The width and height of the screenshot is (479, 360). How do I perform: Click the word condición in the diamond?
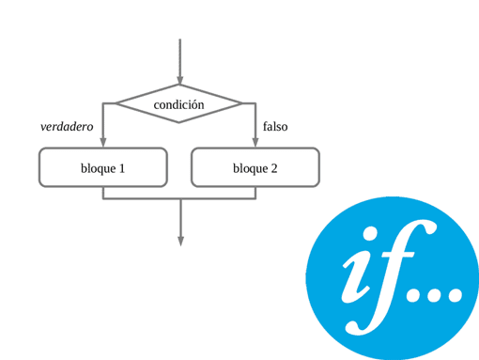[x=178, y=105]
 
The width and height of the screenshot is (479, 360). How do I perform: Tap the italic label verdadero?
[x=67, y=127]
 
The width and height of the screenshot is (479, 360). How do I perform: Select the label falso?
[x=275, y=127]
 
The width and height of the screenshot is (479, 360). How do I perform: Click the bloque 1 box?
[x=103, y=168]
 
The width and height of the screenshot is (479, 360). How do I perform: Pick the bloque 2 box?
[x=255, y=168]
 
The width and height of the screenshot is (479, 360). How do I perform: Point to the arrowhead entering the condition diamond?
[x=179, y=80]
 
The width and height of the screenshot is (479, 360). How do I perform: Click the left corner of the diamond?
[x=116, y=103]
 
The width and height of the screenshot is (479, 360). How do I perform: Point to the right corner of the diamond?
[x=241, y=103]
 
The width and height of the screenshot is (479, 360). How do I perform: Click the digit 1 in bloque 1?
[x=121, y=169]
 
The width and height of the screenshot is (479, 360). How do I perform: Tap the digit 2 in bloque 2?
[x=273, y=169]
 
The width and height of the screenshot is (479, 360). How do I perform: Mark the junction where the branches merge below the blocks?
[x=180, y=199]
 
